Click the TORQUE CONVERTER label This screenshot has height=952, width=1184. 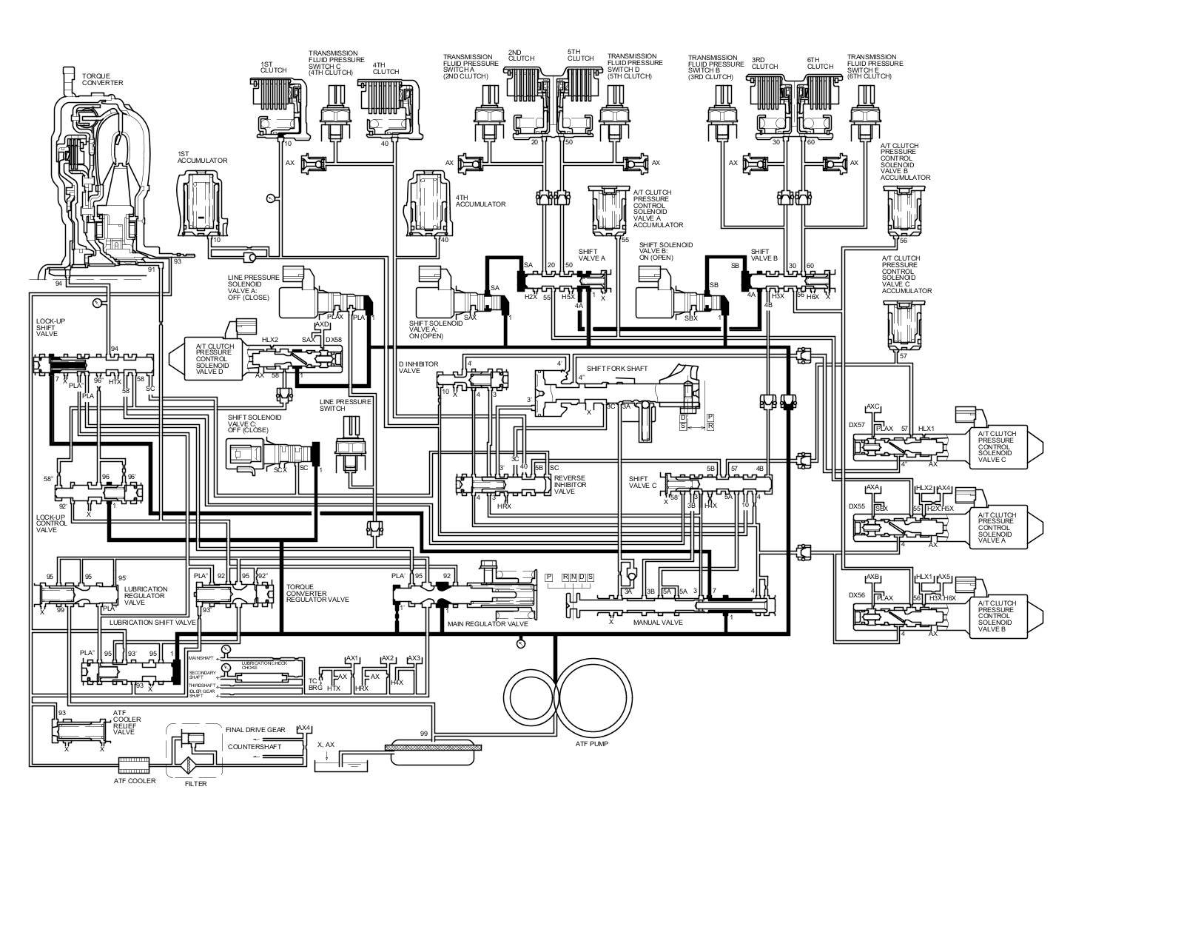click(102, 79)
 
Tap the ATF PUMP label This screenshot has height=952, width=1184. click(591, 743)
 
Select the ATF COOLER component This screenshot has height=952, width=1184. click(134, 762)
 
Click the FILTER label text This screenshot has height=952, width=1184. click(195, 784)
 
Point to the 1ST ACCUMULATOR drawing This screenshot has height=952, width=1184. click(201, 202)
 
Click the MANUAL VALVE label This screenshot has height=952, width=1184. click(658, 623)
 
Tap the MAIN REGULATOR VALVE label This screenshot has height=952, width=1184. click(488, 624)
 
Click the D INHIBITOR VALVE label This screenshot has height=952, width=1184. click(419, 368)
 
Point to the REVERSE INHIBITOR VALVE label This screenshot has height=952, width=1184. click(570, 484)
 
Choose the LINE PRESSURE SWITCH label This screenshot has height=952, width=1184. click(340, 405)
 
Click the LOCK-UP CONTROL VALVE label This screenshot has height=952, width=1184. click(52, 523)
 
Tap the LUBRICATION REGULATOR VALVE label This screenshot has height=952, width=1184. click(146, 596)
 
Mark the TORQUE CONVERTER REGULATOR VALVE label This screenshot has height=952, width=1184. click(317, 592)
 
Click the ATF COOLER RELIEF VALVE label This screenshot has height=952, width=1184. click(124, 723)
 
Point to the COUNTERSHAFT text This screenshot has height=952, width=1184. click(255, 746)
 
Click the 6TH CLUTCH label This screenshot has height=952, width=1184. click(820, 63)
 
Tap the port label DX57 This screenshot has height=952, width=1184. click(857, 425)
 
